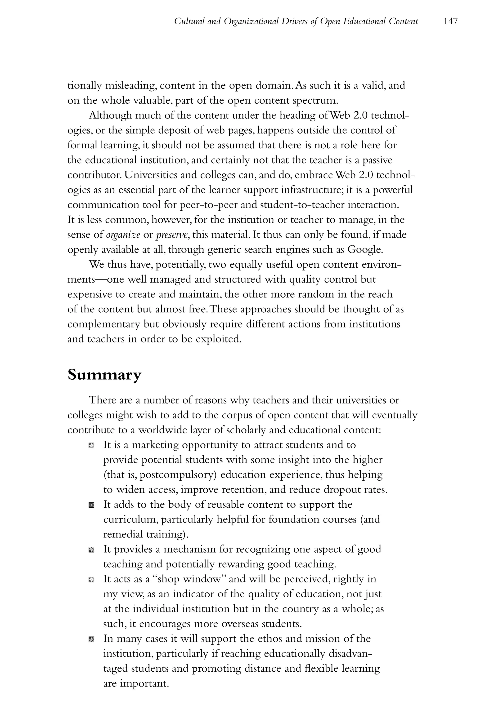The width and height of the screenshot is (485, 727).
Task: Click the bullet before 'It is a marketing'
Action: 91,446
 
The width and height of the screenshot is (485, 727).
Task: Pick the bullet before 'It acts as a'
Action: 91,580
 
